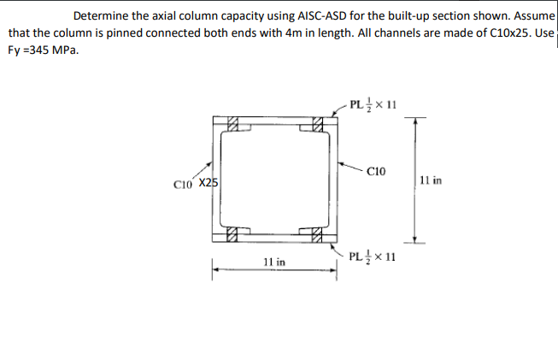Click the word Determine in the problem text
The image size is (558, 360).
coord(100,15)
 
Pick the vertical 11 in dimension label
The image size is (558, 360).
coord(433,180)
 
